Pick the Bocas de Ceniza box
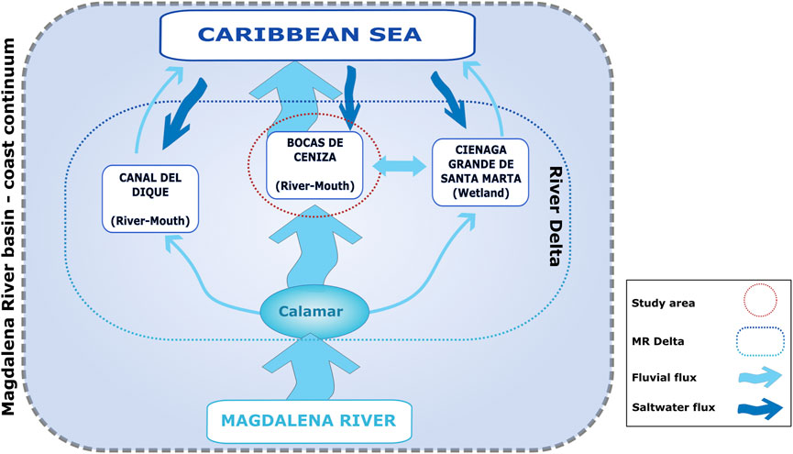tap(314, 166)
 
